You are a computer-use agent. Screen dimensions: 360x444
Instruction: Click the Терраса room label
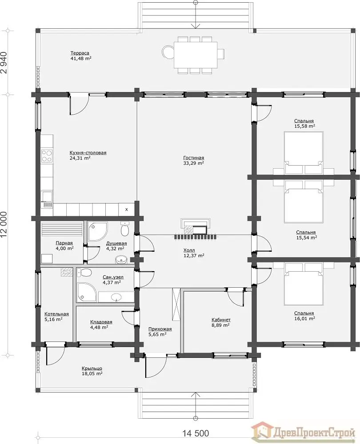(x=80, y=53)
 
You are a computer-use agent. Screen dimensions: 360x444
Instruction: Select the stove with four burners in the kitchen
(x=47, y=155)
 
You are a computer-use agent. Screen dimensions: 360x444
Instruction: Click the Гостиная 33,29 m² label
(x=194, y=161)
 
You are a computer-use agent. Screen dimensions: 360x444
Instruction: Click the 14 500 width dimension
(x=196, y=433)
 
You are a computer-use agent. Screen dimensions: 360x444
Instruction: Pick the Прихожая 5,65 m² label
(x=160, y=332)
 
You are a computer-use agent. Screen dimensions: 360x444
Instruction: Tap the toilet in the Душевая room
(x=124, y=230)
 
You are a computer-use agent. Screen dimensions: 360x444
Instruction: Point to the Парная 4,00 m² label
(x=64, y=246)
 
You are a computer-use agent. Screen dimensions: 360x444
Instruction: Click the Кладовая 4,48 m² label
(x=101, y=325)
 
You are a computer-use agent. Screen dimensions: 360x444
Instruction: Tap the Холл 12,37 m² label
(x=194, y=253)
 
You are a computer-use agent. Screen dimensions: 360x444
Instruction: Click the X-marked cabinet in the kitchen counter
(x=126, y=210)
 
